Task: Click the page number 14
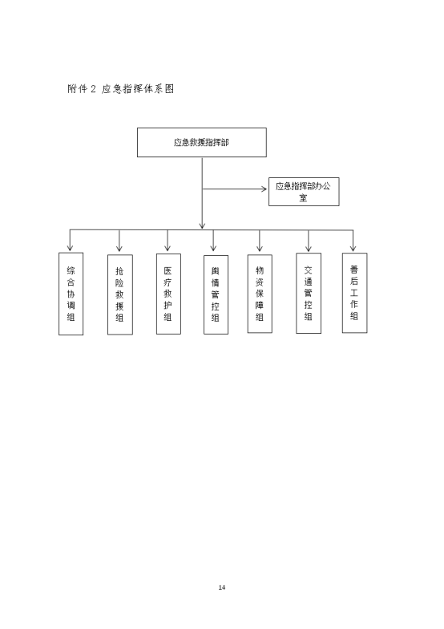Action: point(221,587)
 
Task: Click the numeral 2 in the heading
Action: point(93,88)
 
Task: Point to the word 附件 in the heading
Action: point(77,88)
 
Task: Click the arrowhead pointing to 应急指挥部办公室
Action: point(264,189)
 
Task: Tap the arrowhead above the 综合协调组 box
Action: point(71,247)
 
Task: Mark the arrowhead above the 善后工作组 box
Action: point(353,247)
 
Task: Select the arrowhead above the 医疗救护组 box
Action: point(168,247)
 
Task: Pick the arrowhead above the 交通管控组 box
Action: point(308,247)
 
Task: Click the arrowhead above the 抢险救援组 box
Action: point(119,247)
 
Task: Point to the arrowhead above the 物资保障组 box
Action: point(260,247)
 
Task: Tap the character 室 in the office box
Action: point(303,197)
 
